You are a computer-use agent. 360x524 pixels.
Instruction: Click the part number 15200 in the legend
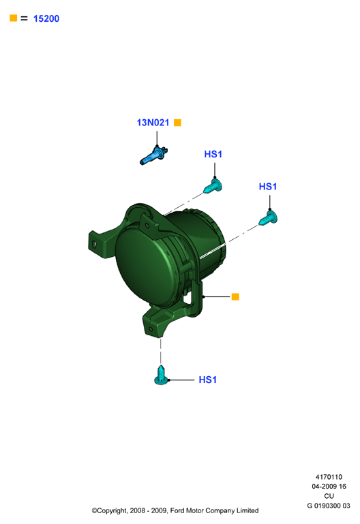click(x=46, y=18)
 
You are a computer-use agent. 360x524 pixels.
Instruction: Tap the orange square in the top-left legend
click(x=14, y=18)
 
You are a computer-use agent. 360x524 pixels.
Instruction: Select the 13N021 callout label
click(x=153, y=123)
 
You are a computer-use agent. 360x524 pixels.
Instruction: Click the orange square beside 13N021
click(x=177, y=123)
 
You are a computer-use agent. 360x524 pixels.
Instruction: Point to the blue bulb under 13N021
click(x=153, y=156)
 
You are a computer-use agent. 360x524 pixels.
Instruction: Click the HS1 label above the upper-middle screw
click(x=213, y=154)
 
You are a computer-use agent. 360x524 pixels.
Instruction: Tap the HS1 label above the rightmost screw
click(x=268, y=187)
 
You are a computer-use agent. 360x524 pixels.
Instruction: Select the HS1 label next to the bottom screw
click(x=207, y=380)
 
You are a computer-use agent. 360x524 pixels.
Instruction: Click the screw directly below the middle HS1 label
click(x=213, y=186)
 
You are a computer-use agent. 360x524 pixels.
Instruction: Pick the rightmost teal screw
click(x=268, y=217)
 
